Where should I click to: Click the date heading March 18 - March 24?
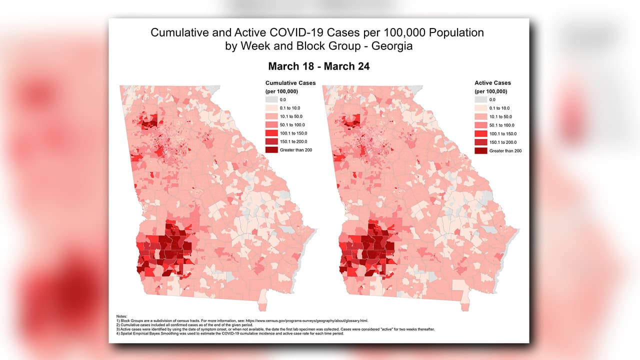click(x=318, y=66)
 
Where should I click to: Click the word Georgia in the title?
click(x=394, y=46)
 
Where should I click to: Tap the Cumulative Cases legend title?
click(x=290, y=83)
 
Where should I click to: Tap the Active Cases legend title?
click(x=492, y=83)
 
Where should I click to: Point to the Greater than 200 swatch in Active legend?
click(x=480, y=150)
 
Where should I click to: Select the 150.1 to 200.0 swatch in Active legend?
click(x=480, y=142)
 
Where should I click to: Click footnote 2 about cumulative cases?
click(x=200, y=325)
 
